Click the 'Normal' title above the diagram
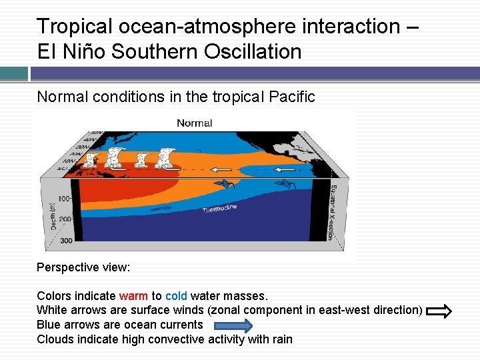click(x=194, y=123)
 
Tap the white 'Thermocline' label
click(x=219, y=209)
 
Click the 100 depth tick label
click(x=65, y=199)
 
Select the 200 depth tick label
click(x=64, y=219)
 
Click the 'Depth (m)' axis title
click(x=53, y=215)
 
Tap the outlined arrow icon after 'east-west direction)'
click(x=439, y=311)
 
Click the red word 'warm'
click(x=133, y=296)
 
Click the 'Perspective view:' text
click(x=83, y=267)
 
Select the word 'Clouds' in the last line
click(x=55, y=339)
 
